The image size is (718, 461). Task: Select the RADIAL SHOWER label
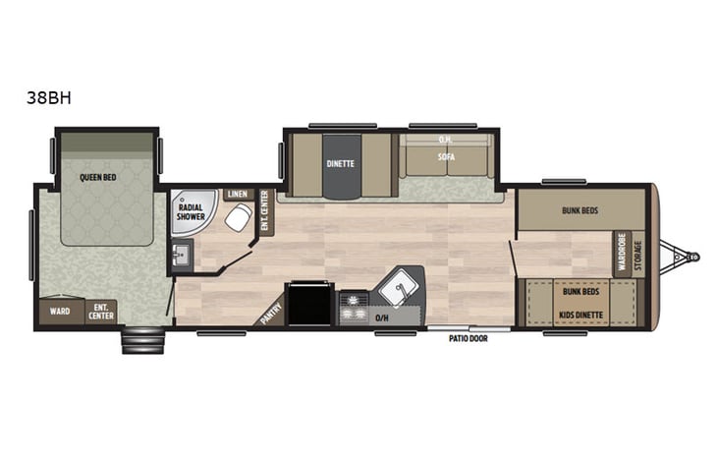(x=192, y=211)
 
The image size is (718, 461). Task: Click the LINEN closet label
(x=238, y=195)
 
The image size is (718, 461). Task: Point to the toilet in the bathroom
(x=237, y=218)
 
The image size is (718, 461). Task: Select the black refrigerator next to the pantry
(x=310, y=305)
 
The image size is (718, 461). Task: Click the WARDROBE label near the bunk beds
(x=622, y=254)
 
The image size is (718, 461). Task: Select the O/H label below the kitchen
(x=382, y=318)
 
